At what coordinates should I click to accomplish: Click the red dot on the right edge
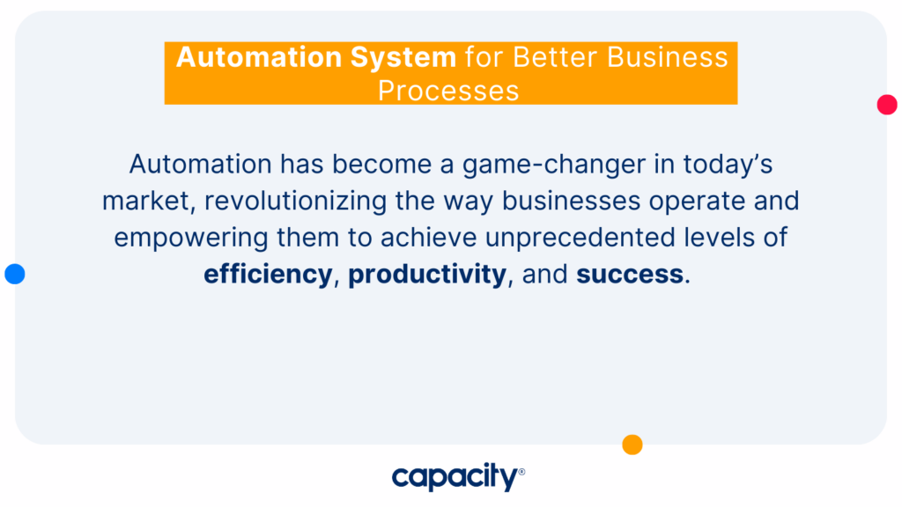(886, 105)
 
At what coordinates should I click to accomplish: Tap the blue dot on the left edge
(15, 274)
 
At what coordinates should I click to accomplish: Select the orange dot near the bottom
(632, 445)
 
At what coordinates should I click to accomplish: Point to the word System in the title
(403, 57)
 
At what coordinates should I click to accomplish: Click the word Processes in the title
(448, 91)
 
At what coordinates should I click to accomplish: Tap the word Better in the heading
(556, 57)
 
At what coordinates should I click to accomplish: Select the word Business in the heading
(668, 57)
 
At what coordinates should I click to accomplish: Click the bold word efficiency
(268, 275)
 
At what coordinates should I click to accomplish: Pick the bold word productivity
(427, 275)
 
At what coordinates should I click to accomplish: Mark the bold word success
(630, 275)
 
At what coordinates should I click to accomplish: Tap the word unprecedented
(580, 238)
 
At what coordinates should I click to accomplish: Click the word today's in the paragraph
(728, 165)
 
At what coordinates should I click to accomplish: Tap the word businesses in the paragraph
(571, 202)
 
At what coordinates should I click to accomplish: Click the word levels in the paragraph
(719, 238)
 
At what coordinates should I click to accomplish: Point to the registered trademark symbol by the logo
(521, 472)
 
